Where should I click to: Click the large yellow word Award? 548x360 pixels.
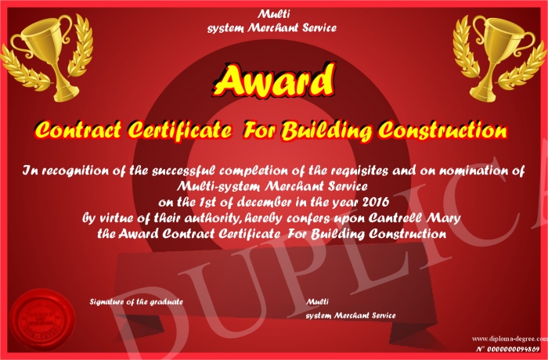tap(274, 80)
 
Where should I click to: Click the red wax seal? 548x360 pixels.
tap(42, 321)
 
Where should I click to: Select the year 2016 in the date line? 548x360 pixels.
tap(376, 202)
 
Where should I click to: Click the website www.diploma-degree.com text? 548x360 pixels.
tap(510, 339)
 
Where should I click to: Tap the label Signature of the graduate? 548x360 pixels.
tap(136, 301)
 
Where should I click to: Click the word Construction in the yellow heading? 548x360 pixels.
tap(443, 130)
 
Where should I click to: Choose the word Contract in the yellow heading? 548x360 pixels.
tap(78, 130)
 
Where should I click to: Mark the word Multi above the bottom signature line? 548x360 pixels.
tap(317, 301)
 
